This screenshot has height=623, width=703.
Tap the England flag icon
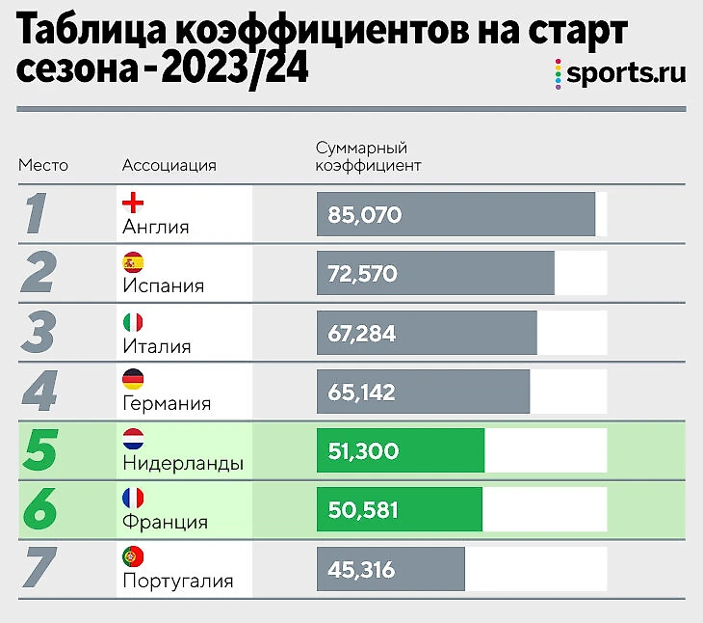tap(134, 203)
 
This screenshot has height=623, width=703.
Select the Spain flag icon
tap(134, 262)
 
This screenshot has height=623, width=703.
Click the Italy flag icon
tap(134, 322)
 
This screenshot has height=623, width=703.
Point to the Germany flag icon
tap(134, 381)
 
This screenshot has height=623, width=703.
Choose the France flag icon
tap(134, 499)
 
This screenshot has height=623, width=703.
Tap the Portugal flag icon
tap(134, 557)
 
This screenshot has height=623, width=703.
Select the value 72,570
tap(362, 274)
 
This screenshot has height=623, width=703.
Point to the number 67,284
tap(361, 333)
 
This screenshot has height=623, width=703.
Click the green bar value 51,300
tap(363, 451)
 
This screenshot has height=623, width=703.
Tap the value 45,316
tap(361, 570)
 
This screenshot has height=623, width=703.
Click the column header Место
tap(43, 165)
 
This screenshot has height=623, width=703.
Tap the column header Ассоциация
tap(169, 165)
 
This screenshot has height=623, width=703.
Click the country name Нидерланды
tap(183, 464)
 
